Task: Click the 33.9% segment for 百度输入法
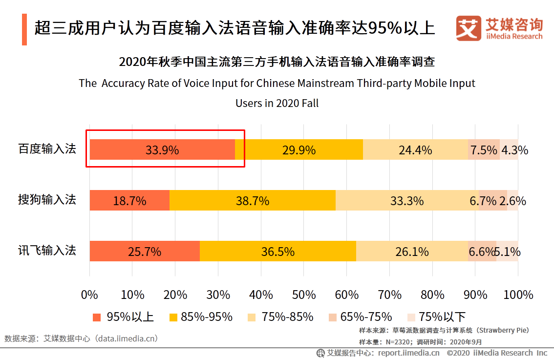point(162,149)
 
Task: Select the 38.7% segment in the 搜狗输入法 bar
point(253,200)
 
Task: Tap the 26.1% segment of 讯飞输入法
point(412,251)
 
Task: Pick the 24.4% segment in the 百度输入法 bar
point(415,149)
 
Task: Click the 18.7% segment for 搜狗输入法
point(129,200)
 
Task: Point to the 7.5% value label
point(484,149)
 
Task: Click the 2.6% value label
point(513,200)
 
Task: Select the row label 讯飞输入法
point(47,251)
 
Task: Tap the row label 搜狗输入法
point(47,200)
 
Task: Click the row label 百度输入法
point(47,149)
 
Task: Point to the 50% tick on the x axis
point(304,295)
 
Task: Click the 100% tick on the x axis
point(518,295)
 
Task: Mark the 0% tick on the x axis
point(89,295)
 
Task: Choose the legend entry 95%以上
point(123,317)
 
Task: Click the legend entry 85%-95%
point(201,317)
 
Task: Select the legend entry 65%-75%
point(361,317)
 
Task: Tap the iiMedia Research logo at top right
point(499,28)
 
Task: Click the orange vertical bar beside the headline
point(24,30)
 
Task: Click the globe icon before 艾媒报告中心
point(320,353)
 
